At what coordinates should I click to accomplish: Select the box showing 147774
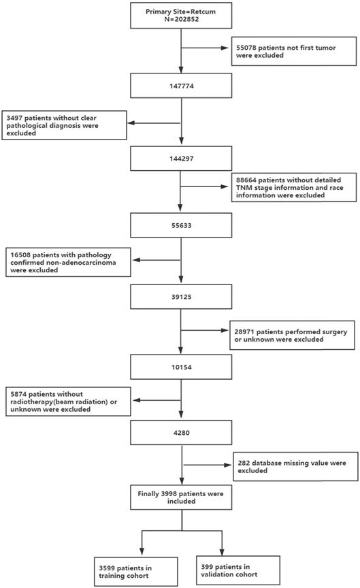point(182,85)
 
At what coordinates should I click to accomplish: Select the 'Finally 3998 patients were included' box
point(182,495)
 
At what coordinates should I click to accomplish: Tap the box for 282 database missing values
point(293,467)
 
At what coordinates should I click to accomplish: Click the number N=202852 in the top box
point(182,20)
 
